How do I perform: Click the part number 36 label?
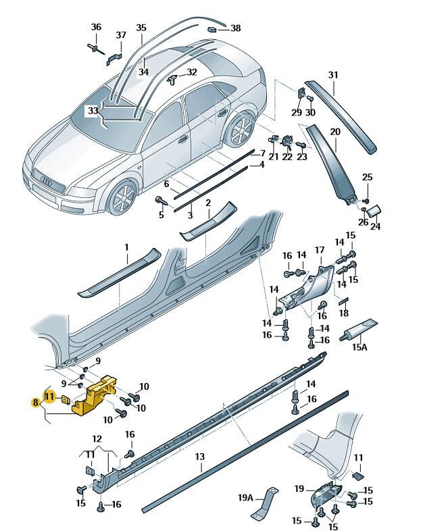pyautogui.click(x=96, y=28)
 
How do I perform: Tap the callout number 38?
pyautogui.click(x=235, y=28)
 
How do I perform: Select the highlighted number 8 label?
pyautogui.click(x=35, y=403)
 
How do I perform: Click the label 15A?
pyautogui.click(x=359, y=348)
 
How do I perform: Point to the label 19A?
pyautogui.click(x=245, y=499)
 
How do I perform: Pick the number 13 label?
pyautogui.click(x=199, y=457)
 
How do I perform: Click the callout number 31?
pyautogui.click(x=332, y=74)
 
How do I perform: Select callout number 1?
pyautogui.click(x=126, y=248)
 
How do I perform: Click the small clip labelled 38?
pyautogui.click(x=211, y=30)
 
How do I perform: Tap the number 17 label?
pyautogui.click(x=320, y=251)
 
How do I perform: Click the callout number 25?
pyautogui.click(x=367, y=178)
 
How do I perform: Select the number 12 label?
pyautogui.click(x=97, y=439)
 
